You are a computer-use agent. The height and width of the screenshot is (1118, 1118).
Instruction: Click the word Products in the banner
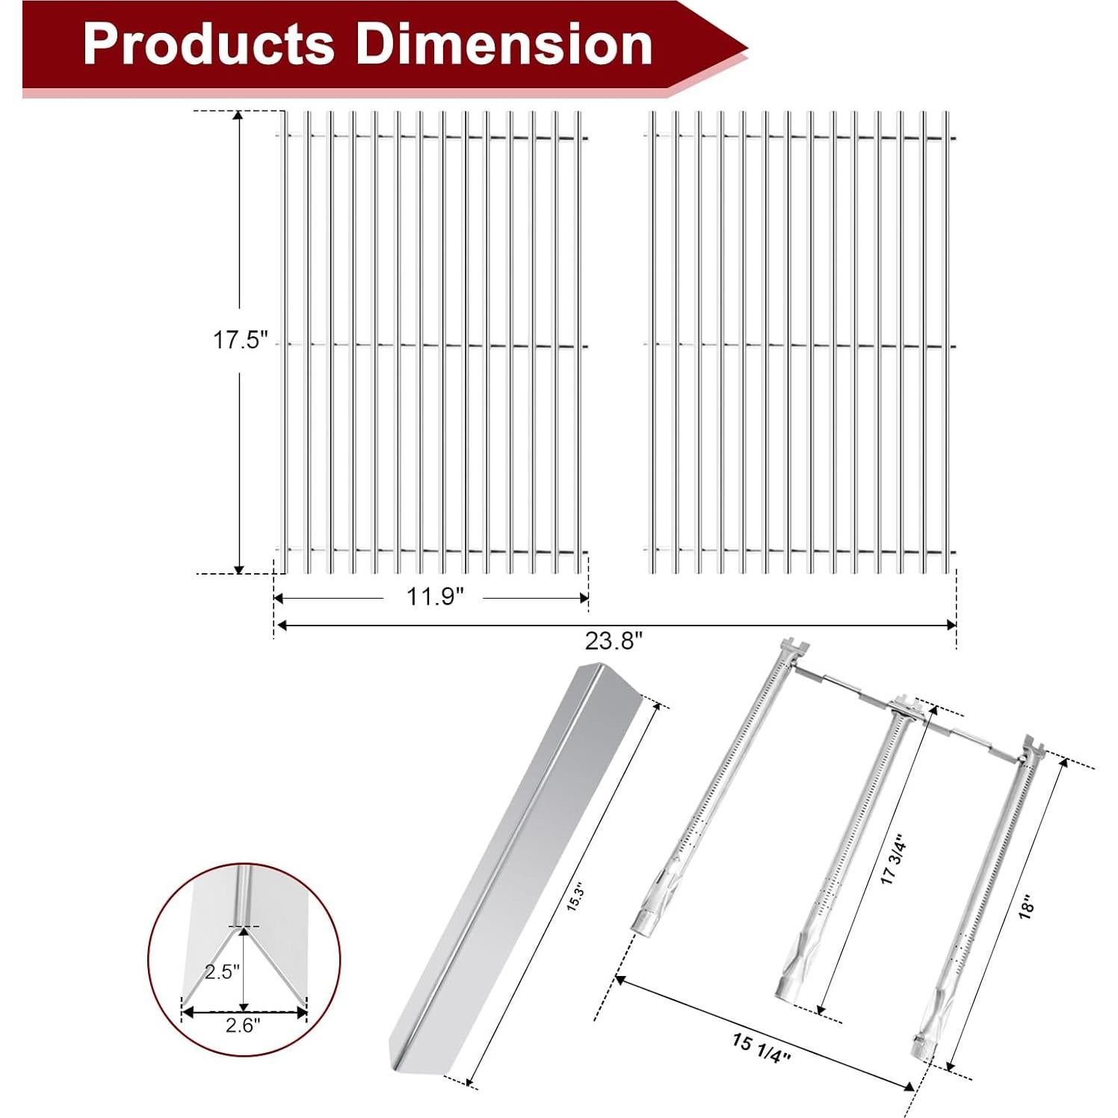[x=209, y=44]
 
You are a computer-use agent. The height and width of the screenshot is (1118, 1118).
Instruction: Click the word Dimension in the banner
[x=504, y=44]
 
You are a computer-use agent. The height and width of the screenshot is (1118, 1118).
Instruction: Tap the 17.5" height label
[x=240, y=340]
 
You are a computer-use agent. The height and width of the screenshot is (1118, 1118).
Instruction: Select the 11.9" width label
[x=435, y=597]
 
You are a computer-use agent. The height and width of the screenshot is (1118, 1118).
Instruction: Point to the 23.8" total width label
[x=614, y=640]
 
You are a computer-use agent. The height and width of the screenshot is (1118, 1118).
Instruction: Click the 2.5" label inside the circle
[x=222, y=972]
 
